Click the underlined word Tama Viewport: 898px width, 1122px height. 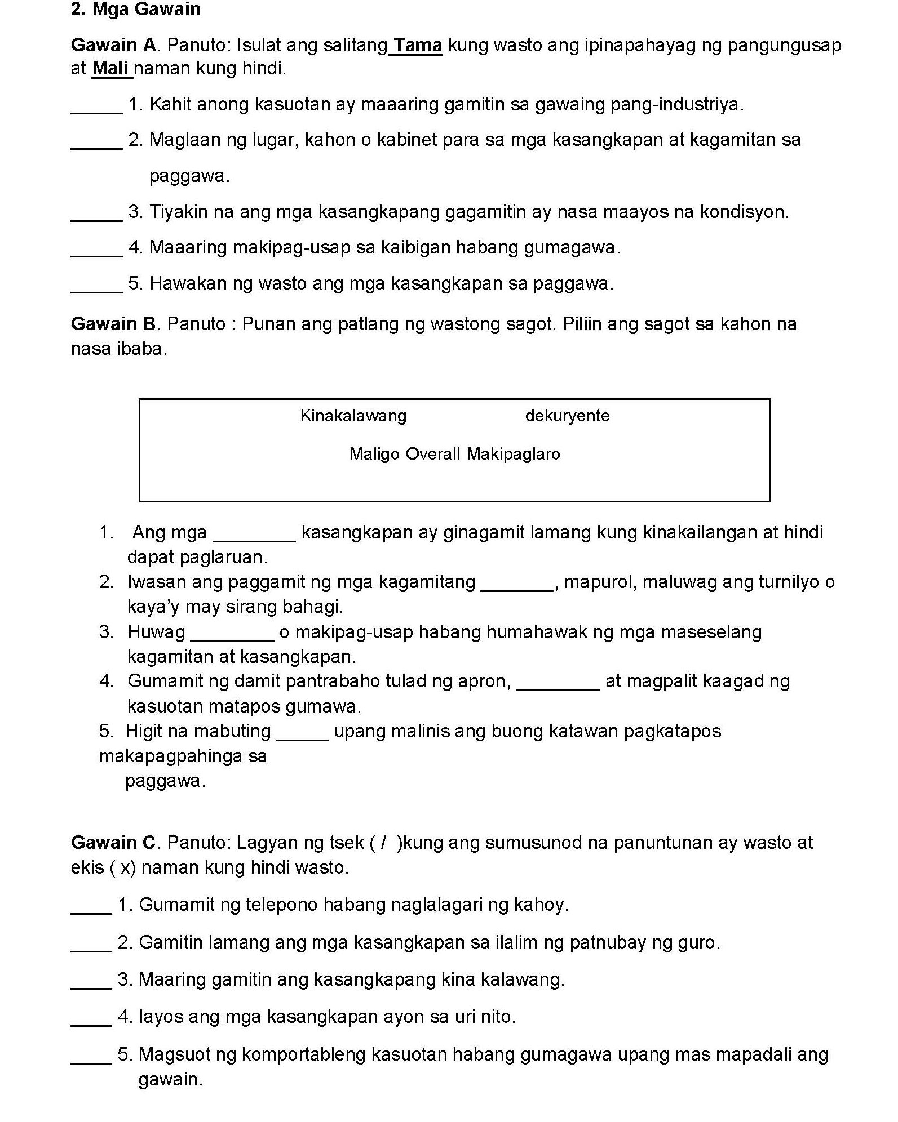click(418, 45)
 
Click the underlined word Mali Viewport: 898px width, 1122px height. click(111, 69)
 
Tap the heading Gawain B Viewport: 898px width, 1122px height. click(112, 324)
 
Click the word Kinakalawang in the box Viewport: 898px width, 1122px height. click(353, 416)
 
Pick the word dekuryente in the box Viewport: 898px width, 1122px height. click(567, 416)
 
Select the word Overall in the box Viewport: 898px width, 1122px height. click(433, 454)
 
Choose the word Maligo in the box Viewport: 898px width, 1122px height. click(374, 454)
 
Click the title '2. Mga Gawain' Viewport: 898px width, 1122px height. click(136, 10)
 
